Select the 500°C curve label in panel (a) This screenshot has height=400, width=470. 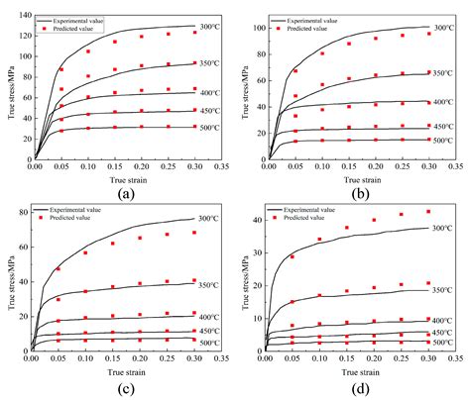208,128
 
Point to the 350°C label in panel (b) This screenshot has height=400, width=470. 442,73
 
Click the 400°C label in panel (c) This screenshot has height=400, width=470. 208,317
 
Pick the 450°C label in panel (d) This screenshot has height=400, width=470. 442,332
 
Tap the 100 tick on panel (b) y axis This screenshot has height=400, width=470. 254,27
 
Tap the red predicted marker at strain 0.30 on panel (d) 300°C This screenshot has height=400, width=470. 427,212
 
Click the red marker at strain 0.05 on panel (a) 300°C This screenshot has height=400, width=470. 61,69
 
